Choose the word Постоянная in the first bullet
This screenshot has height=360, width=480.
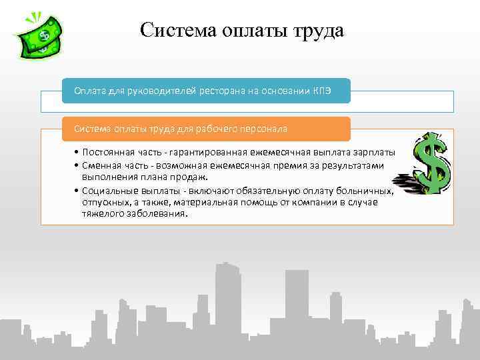click(108, 153)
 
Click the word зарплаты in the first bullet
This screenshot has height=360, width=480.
click(373, 153)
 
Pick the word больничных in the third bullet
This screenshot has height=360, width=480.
click(367, 191)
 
